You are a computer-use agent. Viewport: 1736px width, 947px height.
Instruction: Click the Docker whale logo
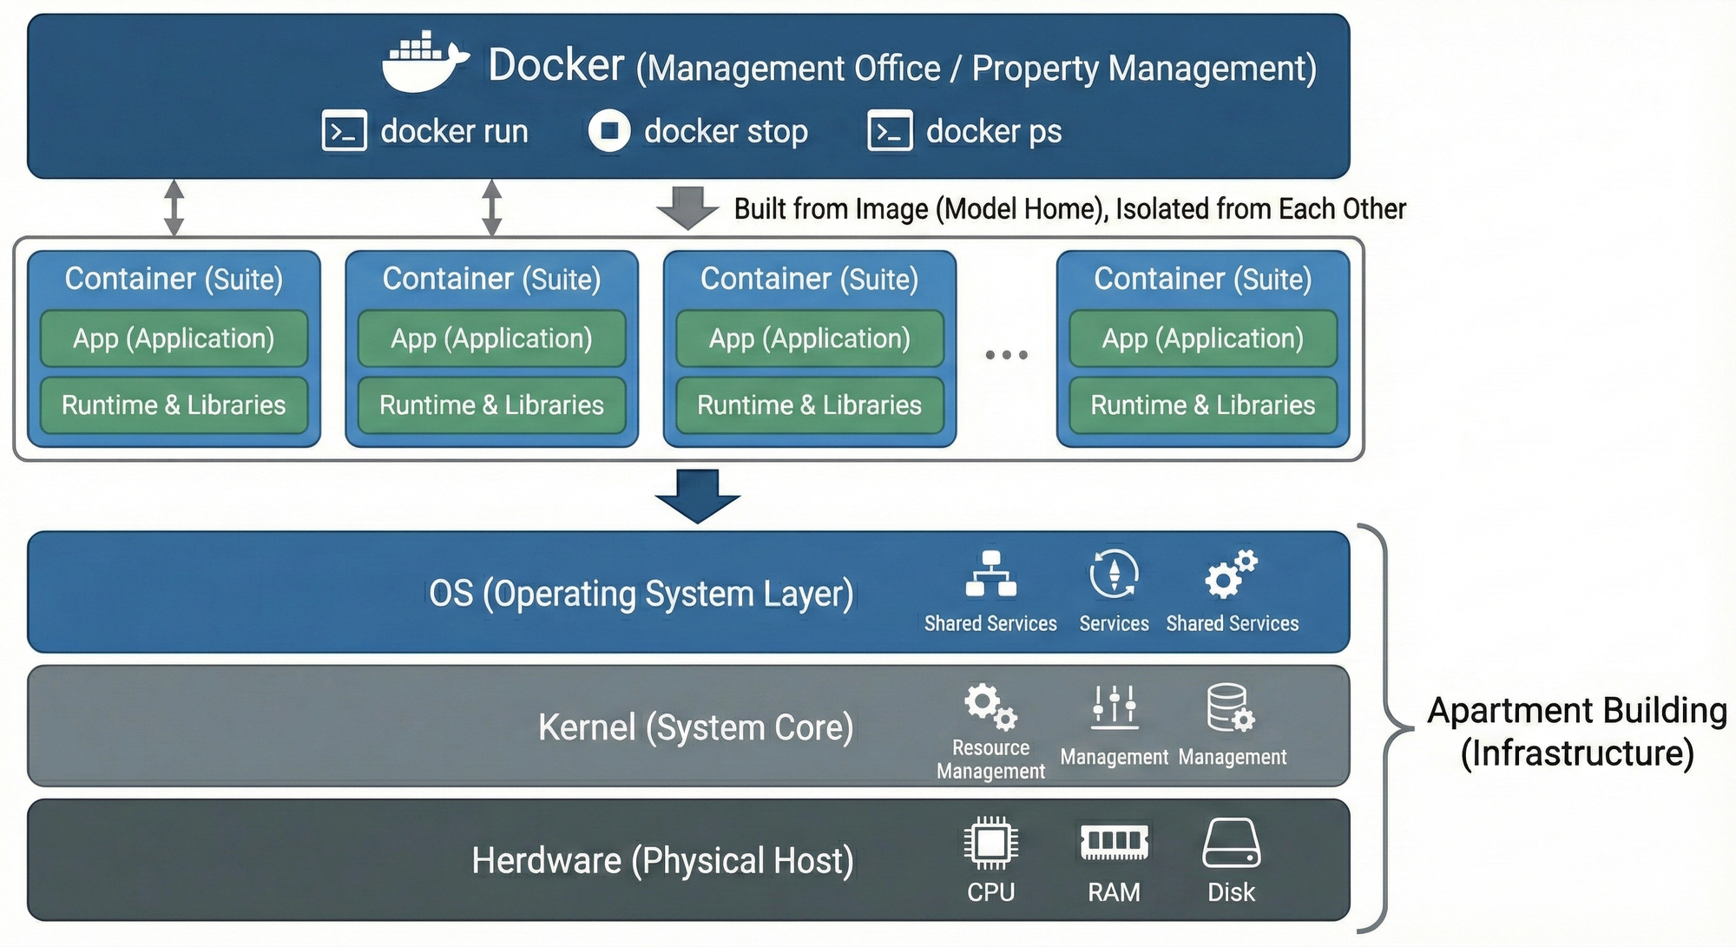click(x=424, y=62)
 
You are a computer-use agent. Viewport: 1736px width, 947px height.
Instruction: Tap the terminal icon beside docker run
click(x=345, y=131)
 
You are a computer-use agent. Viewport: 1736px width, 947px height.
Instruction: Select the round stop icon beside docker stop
click(x=609, y=131)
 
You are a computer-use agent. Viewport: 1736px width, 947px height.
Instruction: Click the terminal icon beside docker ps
click(x=890, y=131)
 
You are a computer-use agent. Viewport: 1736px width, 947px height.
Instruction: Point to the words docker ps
click(x=994, y=131)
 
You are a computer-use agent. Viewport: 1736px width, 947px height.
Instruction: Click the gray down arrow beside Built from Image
click(x=687, y=208)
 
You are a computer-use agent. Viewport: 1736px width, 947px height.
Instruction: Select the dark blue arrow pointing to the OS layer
click(x=697, y=496)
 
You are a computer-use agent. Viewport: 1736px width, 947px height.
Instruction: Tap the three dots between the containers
click(x=1006, y=354)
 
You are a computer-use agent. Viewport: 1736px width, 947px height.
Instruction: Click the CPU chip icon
click(x=990, y=842)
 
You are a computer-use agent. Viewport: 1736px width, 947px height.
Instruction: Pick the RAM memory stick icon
click(x=1115, y=841)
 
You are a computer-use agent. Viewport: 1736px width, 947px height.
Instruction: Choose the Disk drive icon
click(x=1231, y=843)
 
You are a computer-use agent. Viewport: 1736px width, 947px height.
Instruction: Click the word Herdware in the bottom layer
click(x=547, y=861)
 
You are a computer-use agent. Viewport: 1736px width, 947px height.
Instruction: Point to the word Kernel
click(x=587, y=727)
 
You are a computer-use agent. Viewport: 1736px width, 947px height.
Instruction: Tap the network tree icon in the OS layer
click(x=990, y=574)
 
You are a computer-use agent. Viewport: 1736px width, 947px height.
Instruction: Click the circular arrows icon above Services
click(x=1114, y=574)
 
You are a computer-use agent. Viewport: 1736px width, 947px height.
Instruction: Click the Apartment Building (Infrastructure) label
click(x=1577, y=732)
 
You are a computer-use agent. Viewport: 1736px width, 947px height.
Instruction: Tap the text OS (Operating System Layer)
click(x=641, y=594)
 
